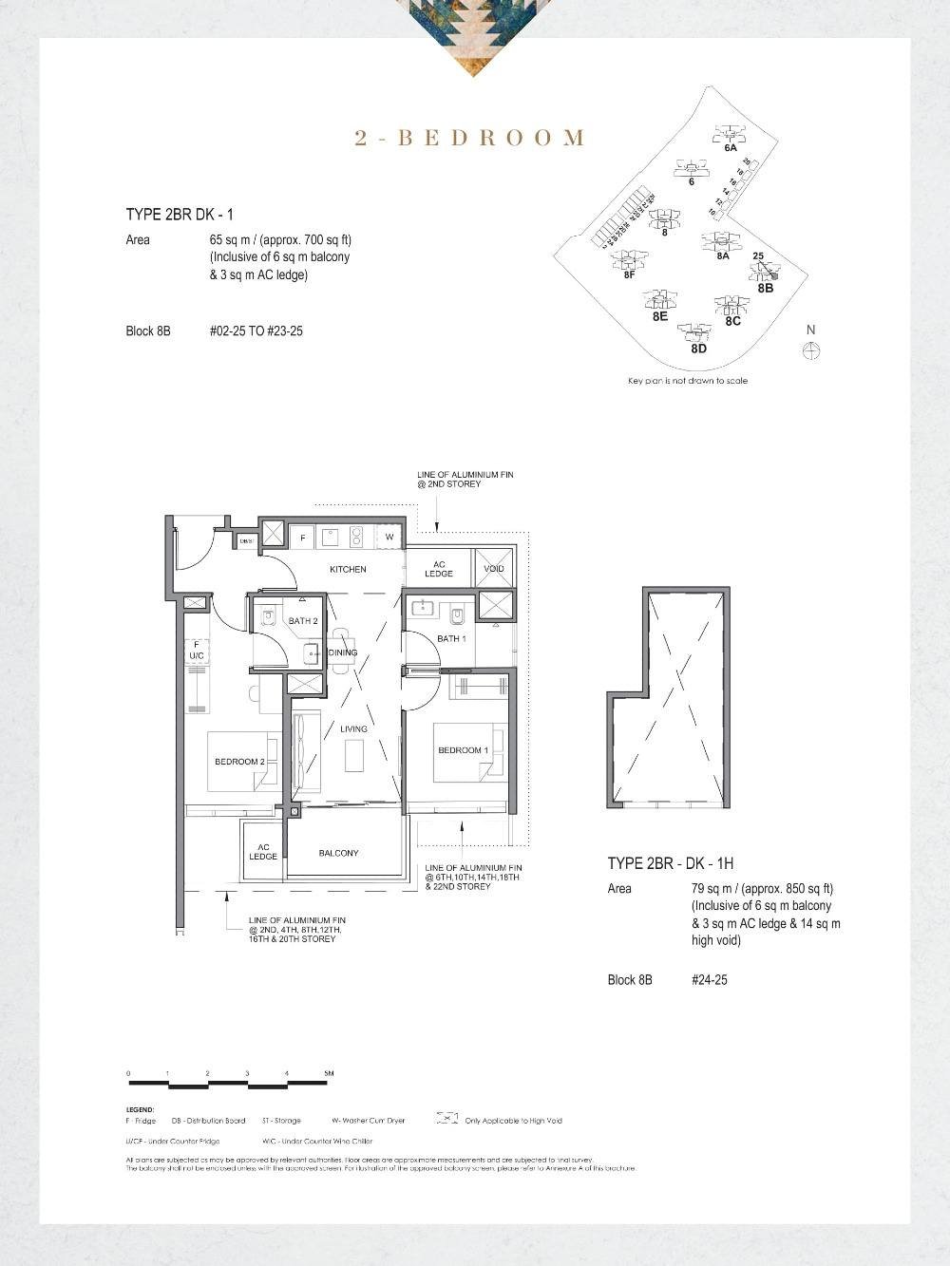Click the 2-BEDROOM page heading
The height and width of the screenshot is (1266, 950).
coord(470,139)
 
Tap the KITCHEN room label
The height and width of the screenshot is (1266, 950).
coord(348,569)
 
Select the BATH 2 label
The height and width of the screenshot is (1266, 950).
coord(303,621)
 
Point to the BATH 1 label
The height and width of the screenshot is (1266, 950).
coord(451,638)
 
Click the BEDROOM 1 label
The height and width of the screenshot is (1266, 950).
coord(463,750)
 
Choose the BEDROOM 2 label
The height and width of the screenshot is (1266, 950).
coord(239,762)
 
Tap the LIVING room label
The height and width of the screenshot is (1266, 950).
coord(353,729)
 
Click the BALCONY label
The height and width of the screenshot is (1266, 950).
coord(338,853)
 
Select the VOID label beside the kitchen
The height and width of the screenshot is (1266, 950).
coord(494,569)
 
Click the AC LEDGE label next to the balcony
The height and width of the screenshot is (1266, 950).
coord(263,852)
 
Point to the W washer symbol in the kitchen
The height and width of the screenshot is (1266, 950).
coord(389,538)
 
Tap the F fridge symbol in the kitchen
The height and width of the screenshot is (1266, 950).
coord(302,538)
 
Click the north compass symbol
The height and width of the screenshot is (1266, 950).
coord(811,350)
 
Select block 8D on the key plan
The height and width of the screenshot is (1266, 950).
coord(698,349)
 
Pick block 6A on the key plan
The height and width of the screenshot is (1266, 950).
coord(730,148)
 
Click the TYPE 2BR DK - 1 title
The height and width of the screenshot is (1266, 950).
coord(180,216)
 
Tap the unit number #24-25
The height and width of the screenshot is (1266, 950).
coord(709,979)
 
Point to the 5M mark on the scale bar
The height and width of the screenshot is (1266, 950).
coord(329,1074)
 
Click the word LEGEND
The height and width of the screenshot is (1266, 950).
coord(140,1109)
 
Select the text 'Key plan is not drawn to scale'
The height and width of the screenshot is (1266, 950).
coord(688,381)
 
